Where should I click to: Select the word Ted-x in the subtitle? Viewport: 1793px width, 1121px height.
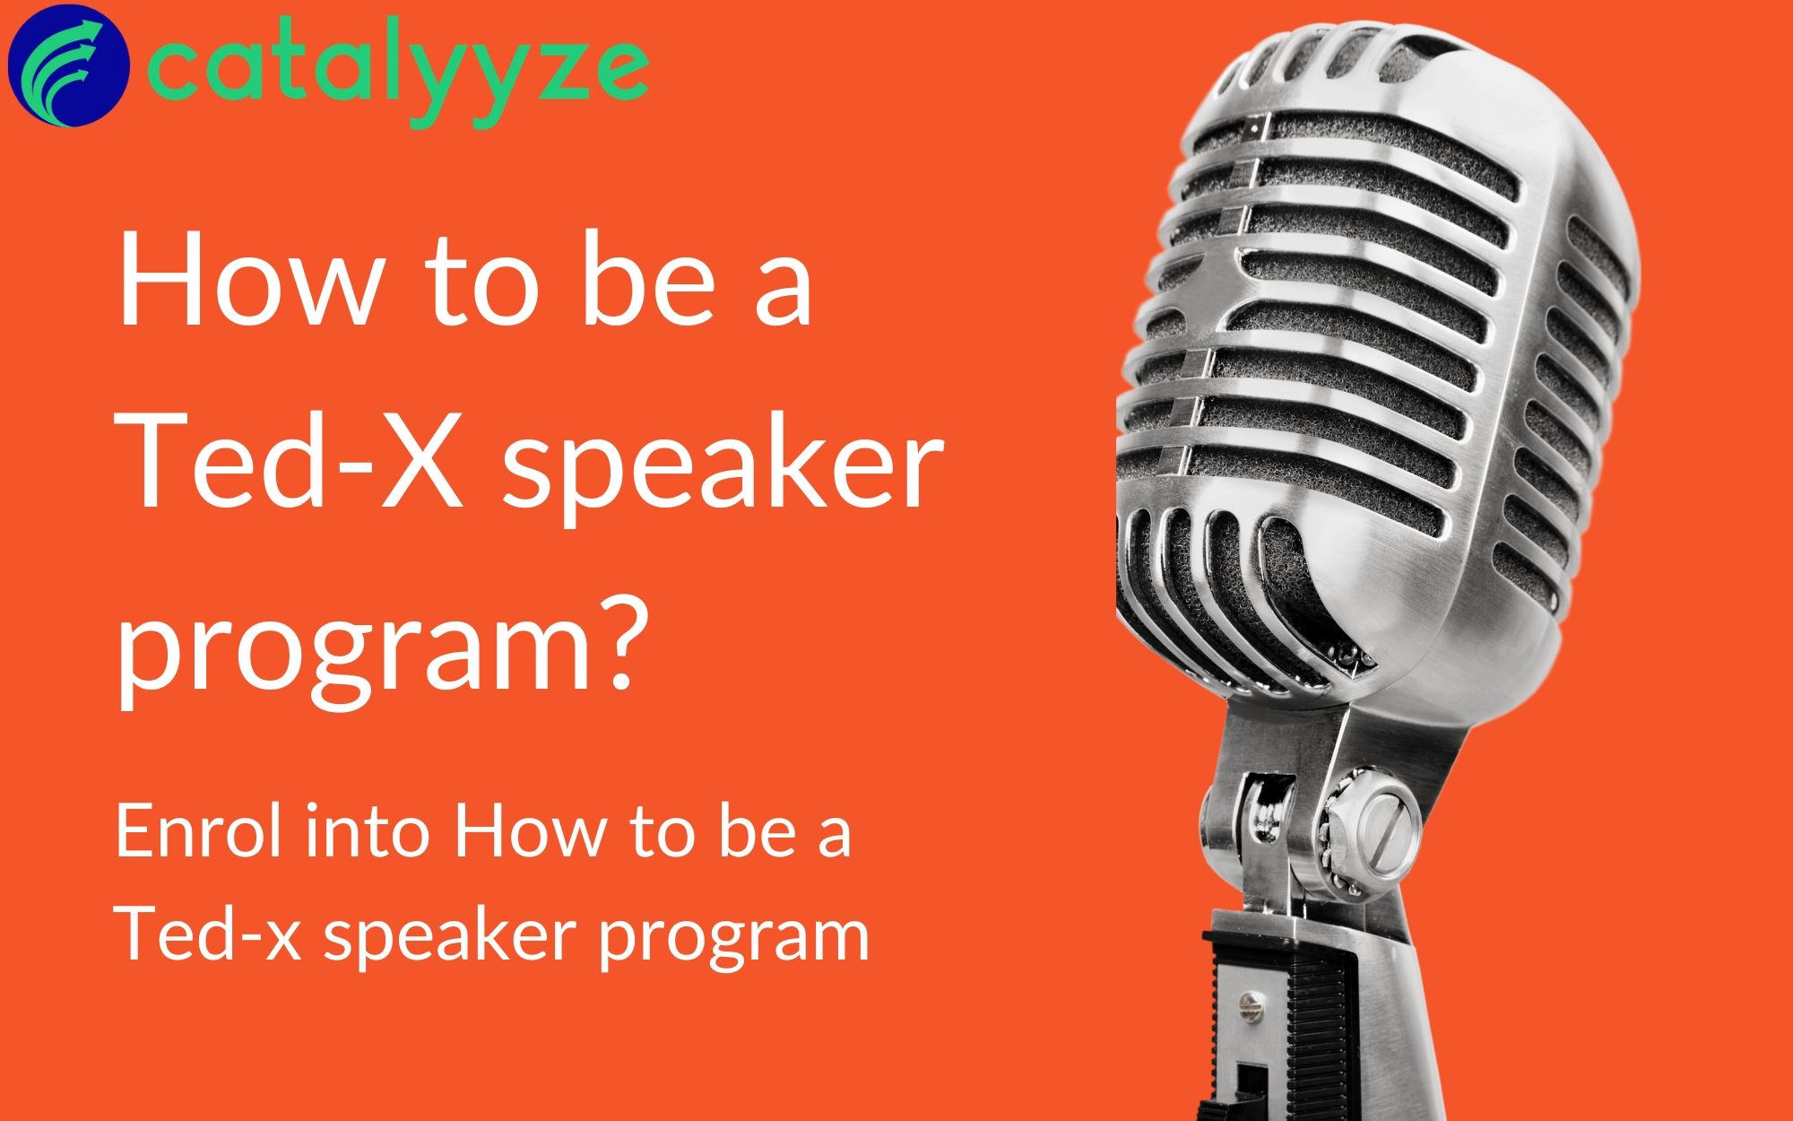pos(212,933)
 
